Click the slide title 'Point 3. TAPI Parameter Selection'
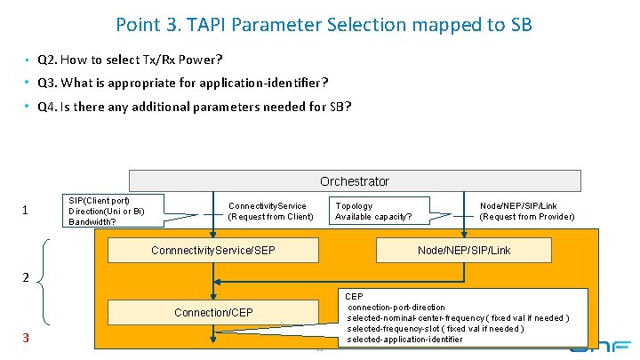click(x=324, y=24)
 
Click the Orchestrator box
click(x=355, y=181)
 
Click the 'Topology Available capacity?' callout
click(x=378, y=211)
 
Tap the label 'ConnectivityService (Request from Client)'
click(x=270, y=211)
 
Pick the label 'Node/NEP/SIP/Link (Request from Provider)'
click(x=526, y=211)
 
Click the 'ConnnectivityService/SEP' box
click(x=212, y=251)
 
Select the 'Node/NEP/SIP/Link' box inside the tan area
click(x=464, y=251)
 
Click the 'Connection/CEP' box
click(x=212, y=312)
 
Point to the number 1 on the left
click(x=26, y=211)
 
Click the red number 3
click(x=26, y=338)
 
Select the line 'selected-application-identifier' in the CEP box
click(x=404, y=340)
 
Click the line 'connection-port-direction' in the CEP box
click(x=396, y=308)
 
